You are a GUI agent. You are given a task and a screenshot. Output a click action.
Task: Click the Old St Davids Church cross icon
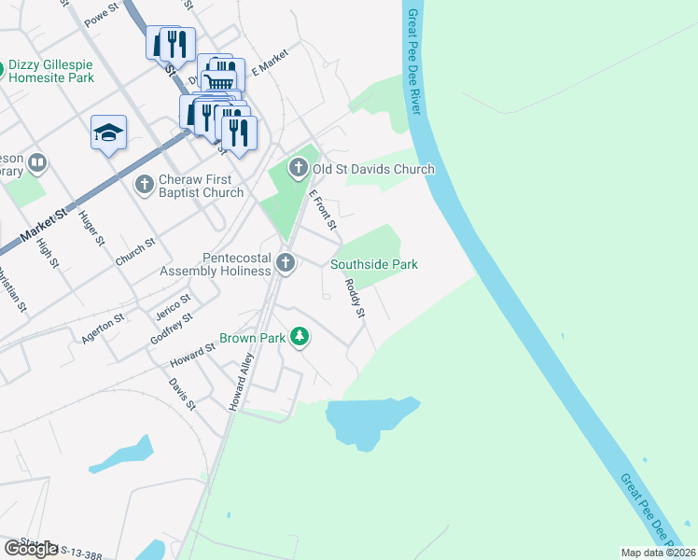pyautogui.click(x=298, y=169)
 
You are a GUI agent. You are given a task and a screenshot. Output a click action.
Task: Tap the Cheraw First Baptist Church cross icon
pyautogui.click(x=144, y=184)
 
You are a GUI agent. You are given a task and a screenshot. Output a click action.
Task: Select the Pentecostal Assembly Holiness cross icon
pyautogui.click(x=286, y=264)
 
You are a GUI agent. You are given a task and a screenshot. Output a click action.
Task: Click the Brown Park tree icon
pyautogui.click(x=300, y=336)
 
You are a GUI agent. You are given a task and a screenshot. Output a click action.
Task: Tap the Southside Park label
pyautogui.click(x=373, y=264)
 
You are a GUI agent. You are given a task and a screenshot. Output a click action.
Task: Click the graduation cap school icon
pyautogui.click(x=108, y=133)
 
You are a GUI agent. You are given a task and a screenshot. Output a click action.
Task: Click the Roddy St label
pyautogui.click(x=354, y=299)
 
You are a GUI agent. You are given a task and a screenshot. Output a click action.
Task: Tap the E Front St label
pyautogui.click(x=323, y=211)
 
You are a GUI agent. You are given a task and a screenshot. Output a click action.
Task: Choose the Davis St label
pyautogui.click(x=183, y=394)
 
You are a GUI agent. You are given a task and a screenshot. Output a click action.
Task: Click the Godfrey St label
pyautogui.click(x=171, y=329)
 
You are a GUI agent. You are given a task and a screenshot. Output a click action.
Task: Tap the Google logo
pyautogui.click(x=31, y=549)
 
